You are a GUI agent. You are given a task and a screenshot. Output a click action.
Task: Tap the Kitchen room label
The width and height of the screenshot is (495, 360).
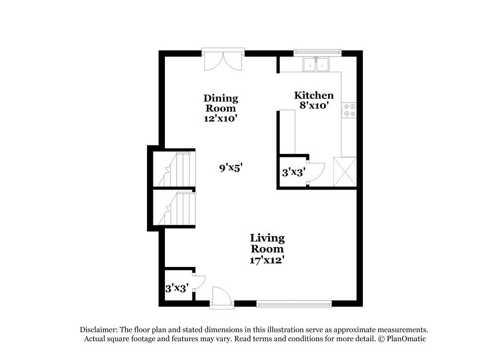pyautogui.click(x=314, y=95)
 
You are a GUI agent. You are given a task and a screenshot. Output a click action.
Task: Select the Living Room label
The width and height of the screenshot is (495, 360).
pyautogui.click(x=267, y=243)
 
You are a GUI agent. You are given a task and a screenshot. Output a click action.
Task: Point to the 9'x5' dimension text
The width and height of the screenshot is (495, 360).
pyautogui.click(x=231, y=168)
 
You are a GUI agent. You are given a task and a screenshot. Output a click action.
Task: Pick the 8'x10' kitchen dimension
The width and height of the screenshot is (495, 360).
pyautogui.click(x=314, y=105)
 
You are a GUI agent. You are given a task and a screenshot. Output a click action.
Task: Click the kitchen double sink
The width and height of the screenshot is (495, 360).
pyautogui.click(x=316, y=64)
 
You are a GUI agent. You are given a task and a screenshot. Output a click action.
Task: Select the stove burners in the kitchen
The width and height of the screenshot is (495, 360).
pyautogui.click(x=350, y=110)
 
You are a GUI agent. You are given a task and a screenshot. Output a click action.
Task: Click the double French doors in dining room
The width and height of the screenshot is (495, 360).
pyautogui.click(x=223, y=60)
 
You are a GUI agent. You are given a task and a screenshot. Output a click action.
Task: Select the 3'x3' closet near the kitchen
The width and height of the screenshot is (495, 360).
pyautogui.click(x=294, y=172)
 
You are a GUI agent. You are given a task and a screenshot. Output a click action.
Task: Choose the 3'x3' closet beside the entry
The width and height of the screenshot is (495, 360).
pyautogui.click(x=177, y=287)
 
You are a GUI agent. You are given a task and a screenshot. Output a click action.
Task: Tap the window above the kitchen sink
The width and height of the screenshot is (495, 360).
pyautogui.click(x=317, y=51)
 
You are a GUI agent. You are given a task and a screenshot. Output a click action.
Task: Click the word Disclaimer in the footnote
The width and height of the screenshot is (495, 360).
pyautogui.click(x=98, y=329)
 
